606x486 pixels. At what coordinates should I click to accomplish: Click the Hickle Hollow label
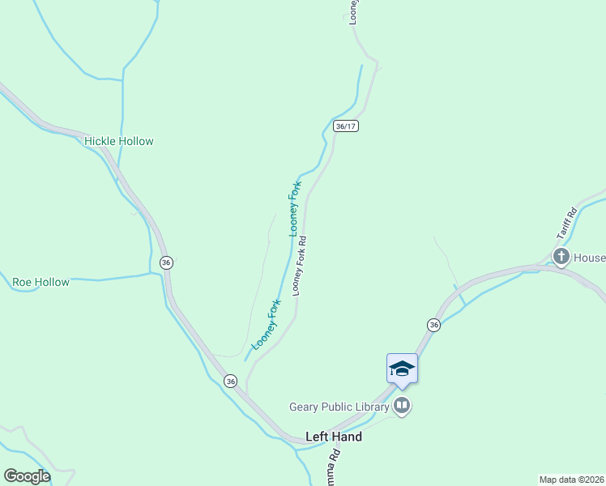click(x=118, y=141)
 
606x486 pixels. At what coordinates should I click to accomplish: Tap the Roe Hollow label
click(x=41, y=283)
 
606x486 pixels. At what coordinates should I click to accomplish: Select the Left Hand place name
click(x=333, y=437)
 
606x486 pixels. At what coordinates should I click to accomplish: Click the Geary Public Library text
click(x=339, y=407)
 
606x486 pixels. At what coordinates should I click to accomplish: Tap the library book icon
click(x=403, y=406)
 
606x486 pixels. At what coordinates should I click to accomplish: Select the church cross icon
click(x=561, y=258)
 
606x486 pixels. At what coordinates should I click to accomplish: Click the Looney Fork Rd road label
click(x=300, y=265)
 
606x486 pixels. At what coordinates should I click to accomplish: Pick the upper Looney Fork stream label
click(x=295, y=209)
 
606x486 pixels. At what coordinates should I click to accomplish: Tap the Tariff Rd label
click(x=565, y=223)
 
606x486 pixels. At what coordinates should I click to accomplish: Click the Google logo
click(x=27, y=476)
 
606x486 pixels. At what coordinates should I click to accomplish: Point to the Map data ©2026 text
click(x=571, y=479)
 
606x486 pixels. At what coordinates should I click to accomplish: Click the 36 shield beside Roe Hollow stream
click(x=166, y=262)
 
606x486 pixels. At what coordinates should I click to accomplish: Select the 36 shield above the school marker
click(x=433, y=325)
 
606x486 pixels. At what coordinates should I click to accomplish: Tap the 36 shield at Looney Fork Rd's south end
click(x=231, y=381)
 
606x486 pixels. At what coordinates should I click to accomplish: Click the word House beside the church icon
click(x=590, y=258)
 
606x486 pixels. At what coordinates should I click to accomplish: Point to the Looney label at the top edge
click(x=354, y=11)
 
